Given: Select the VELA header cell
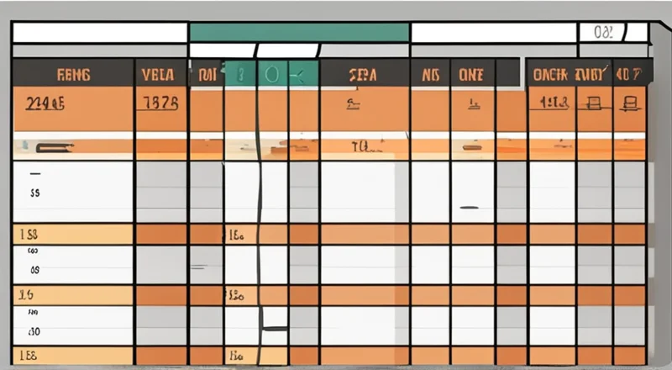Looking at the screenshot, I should coord(158,74).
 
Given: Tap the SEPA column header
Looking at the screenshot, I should coord(361,74).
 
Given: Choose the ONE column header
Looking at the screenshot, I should coord(471,74).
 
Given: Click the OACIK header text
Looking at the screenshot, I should coord(551,74).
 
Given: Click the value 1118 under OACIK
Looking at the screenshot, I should coord(554,103).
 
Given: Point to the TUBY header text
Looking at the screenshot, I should coord(592,74).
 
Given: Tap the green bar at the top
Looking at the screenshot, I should coord(298,33).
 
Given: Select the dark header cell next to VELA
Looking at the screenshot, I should coord(206,74).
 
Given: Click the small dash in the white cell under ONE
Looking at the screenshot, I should coord(470,207).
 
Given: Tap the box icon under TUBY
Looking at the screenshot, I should coord(594,104).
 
